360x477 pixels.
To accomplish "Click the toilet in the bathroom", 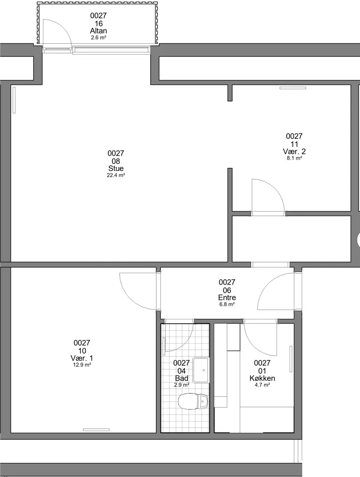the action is [x=193, y=401].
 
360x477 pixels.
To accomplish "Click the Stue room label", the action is [x=116, y=168].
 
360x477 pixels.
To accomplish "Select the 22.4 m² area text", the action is [x=116, y=175].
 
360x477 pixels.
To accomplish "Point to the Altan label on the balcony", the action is [x=98, y=31].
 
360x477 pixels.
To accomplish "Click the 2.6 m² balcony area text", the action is [x=98, y=38].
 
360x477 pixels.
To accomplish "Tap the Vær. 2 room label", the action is [x=294, y=151].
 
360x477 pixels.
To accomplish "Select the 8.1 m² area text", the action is [x=294, y=158].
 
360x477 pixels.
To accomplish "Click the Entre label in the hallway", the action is [x=227, y=297].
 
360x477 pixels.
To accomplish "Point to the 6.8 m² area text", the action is [x=227, y=304].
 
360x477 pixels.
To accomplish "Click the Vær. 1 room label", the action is [x=82, y=358].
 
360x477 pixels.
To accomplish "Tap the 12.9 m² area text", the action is [x=82, y=365].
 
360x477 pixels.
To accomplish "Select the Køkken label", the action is [x=263, y=378].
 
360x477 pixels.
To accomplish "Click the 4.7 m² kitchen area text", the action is [x=263, y=385].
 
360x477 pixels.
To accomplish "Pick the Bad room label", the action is [x=182, y=378].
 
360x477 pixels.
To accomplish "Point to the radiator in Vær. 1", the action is [x=96, y=430].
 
